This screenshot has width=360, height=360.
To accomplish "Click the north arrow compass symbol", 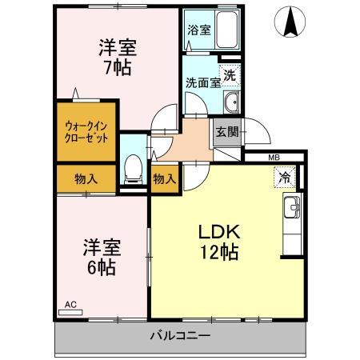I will [290, 22].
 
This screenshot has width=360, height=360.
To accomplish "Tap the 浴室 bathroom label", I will [198, 30].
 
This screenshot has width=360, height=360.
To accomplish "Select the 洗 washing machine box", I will [230, 76].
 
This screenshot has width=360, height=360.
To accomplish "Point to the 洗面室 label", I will [201, 82].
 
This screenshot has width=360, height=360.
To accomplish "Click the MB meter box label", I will [273, 158].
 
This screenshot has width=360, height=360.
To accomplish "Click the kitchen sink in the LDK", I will [292, 210].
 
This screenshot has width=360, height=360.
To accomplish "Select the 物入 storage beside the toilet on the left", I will [86, 178].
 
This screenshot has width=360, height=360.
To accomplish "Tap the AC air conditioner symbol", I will [70, 305].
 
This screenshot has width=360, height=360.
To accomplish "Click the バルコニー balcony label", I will [180, 335].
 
